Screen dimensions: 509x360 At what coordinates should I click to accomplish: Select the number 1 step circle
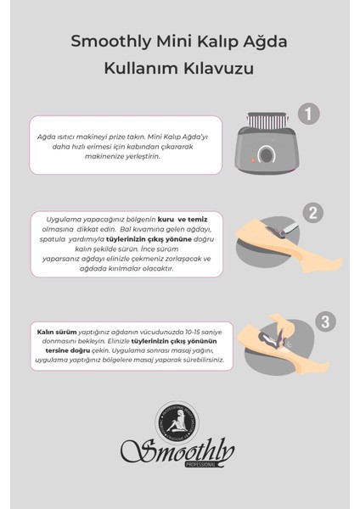pyautogui.click(x=310, y=114)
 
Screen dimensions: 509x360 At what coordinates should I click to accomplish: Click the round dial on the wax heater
pyautogui.click(x=266, y=156)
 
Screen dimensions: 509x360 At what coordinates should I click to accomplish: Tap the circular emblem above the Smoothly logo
pyautogui.click(x=180, y=419)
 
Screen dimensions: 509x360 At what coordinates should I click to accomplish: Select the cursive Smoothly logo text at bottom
pyautogui.click(x=178, y=452)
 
